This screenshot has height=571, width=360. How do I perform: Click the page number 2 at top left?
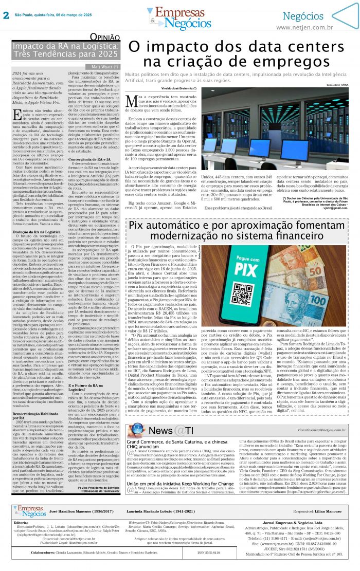pos(6,15)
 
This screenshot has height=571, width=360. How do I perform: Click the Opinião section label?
pos(105,37)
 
